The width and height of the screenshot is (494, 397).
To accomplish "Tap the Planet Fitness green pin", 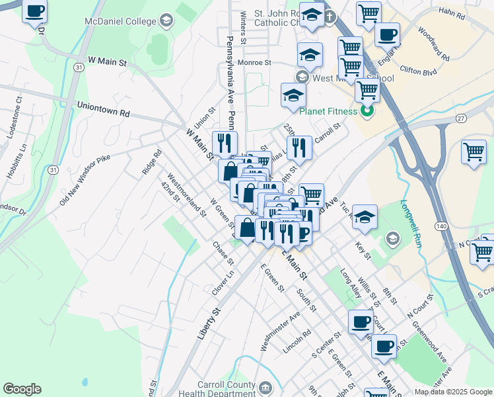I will click(370, 110).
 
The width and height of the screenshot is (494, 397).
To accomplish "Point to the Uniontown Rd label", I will click(103, 109).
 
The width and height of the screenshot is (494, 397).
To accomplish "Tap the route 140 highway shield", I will click(439, 226).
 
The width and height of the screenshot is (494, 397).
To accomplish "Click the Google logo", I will click(22, 389).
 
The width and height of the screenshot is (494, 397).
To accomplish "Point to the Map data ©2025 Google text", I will click(453, 392).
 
